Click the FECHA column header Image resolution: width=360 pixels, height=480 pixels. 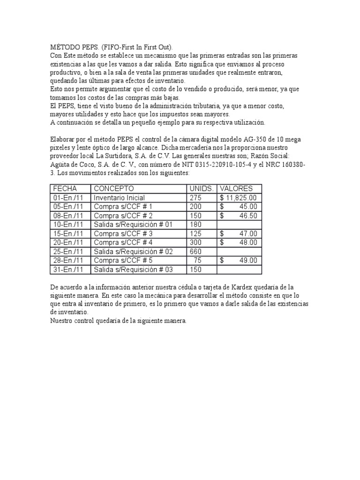(x=65, y=188)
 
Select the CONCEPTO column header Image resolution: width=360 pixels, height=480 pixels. (x=114, y=188)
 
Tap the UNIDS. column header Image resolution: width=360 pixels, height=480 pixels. (x=201, y=188)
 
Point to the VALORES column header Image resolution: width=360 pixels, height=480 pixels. (x=237, y=188)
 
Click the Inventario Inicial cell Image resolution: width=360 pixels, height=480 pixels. (x=119, y=198)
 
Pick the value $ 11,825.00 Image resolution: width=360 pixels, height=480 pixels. (x=238, y=198)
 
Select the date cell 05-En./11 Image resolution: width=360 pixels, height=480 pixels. (x=68, y=207)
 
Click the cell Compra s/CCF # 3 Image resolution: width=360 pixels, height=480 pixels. (x=123, y=233)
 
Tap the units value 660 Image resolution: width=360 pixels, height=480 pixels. (x=196, y=252)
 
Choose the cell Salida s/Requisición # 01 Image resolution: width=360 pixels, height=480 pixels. (x=133, y=225)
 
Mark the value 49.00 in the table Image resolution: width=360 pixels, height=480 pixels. (x=247, y=261)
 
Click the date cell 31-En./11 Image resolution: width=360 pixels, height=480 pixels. (x=68, y=270)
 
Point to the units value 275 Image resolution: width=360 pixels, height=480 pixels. (x=195, y=198)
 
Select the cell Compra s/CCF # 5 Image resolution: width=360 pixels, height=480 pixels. (x=123, y=261)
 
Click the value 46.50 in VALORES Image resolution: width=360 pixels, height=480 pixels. (x=247, y=216)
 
